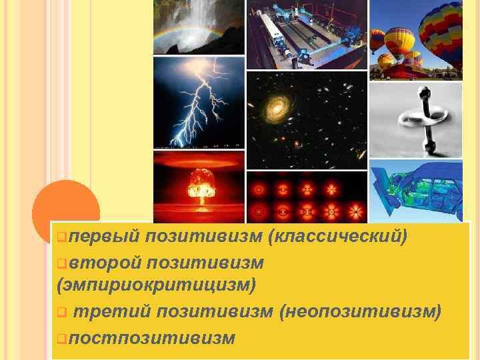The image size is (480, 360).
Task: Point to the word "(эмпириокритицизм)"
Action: tap(157, 285)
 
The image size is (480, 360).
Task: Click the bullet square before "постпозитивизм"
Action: tap(61, 338)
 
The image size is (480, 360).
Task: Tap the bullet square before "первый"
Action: tap(61, 237)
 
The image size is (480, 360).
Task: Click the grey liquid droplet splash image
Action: tap(415, 117)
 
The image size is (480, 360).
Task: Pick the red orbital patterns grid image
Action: tap(306, 197)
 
